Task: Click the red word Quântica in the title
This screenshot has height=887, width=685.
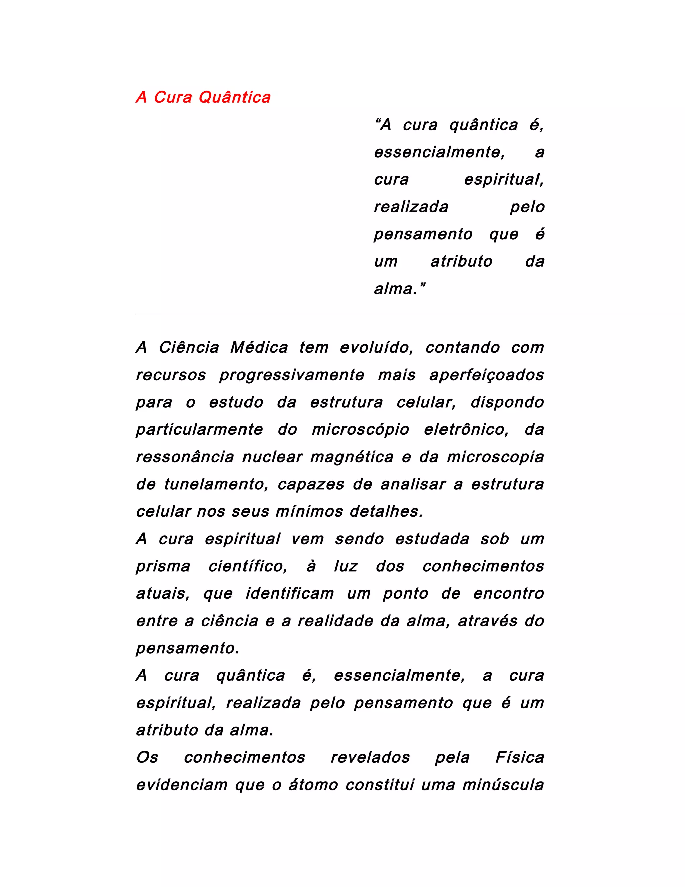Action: (x=234, y=97)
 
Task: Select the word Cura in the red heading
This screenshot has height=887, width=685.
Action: (x=173, y=97)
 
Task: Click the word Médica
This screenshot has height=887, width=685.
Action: (x=259, y=348)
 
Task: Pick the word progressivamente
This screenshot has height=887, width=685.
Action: (x=292, y=375)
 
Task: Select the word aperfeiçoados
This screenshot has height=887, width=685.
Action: (x=487, y=375)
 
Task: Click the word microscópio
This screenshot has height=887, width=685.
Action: (x=360, y=430)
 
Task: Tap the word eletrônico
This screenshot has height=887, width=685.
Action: (x=466, y=430)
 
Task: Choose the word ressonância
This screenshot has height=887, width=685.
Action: (x=185, y=457)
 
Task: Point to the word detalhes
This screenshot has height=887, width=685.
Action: (x=386, y=512)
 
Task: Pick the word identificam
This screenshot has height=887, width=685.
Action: (x=290, y=594)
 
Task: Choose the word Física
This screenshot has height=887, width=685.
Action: (x=519, y=758)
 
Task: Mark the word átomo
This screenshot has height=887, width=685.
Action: (x=313, y=785)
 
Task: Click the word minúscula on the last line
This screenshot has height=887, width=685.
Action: (x=503, y=785)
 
